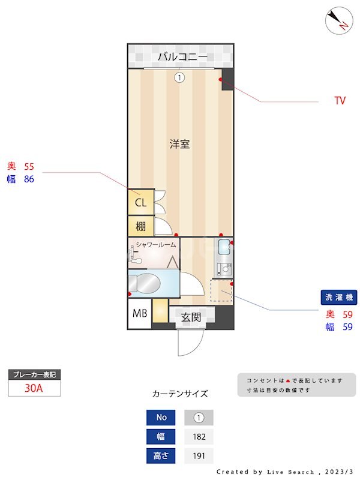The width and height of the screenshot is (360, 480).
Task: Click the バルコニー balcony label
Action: pyautogui.click(x=182, y=58)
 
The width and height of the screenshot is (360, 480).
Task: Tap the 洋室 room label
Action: pyautogui.click(x=180, y=144)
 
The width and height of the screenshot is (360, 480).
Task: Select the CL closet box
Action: pyautogui.click(x=140, y=202)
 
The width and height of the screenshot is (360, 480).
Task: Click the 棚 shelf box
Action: pyautogui.click(x=140, y=226)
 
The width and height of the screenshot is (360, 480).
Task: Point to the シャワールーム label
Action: pyautogui.click(x=156, y=245)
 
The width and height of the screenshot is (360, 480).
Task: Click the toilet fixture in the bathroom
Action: pyautogui.click(x=144, y=282)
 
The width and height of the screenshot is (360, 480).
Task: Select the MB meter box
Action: pyautogui.click(x=139, y=313)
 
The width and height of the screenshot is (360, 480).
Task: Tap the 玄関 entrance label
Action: pyautogui.click(x=191, y=318)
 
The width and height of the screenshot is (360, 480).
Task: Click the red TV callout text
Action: pyautogui.click(x=340, y=101)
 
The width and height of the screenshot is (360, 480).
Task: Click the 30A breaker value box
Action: pyautogui.click(x=34, y=388)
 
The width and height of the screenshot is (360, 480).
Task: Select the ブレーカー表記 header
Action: pyautogui.click(x=34, y=375)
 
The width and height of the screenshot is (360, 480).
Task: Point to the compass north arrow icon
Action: pyautogui.click(x=339, y=22)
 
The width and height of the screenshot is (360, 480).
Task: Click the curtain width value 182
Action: pyautogui.click(x=199, y=436)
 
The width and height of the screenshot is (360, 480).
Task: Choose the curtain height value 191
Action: pyautogui.click(x=199, y=455)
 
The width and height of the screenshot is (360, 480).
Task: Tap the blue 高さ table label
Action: pyautogui.click(x=161, y=455)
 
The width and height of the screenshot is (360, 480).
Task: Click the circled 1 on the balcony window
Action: pyautogui.click(x=179, y=77)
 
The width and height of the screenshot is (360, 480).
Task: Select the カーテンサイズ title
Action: pyautogui.click(x=180, y=394)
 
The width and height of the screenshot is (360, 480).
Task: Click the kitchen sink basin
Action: pyautogui.click(x=224, y=247)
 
